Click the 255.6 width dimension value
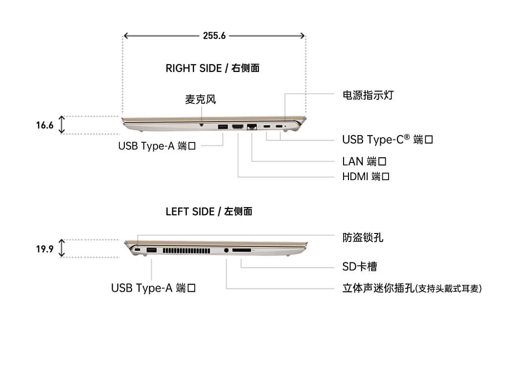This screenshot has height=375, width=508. pyautogui.click(x=214, y=36)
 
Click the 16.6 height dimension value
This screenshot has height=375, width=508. pyautogui.click(x=45, y=125)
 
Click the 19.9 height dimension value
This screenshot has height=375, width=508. pyautogui.click(x=45, y=249)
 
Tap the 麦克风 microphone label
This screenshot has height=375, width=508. pyautogui.click(x=200, y=99)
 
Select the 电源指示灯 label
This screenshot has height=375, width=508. pyautogui.click(x=368, y=95)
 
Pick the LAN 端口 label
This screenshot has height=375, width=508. pyautogui.click(x=365, y=161)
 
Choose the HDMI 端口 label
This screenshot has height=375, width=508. pyautogui.click(x=366, y=176)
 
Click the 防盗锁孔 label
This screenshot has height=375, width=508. pyautogui.click(x=363, y=237)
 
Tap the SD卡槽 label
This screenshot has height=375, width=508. pyautogui.click(x=359, y=267)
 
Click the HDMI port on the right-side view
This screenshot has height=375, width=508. pyautogui.click(x=238, y=127)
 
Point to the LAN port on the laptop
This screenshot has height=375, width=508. pyautogui.click(x=253, y=127)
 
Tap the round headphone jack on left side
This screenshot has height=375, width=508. pyautogui.click(x=226, y=250)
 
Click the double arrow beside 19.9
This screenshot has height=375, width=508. pyautogui.click(x=62, y=248)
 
